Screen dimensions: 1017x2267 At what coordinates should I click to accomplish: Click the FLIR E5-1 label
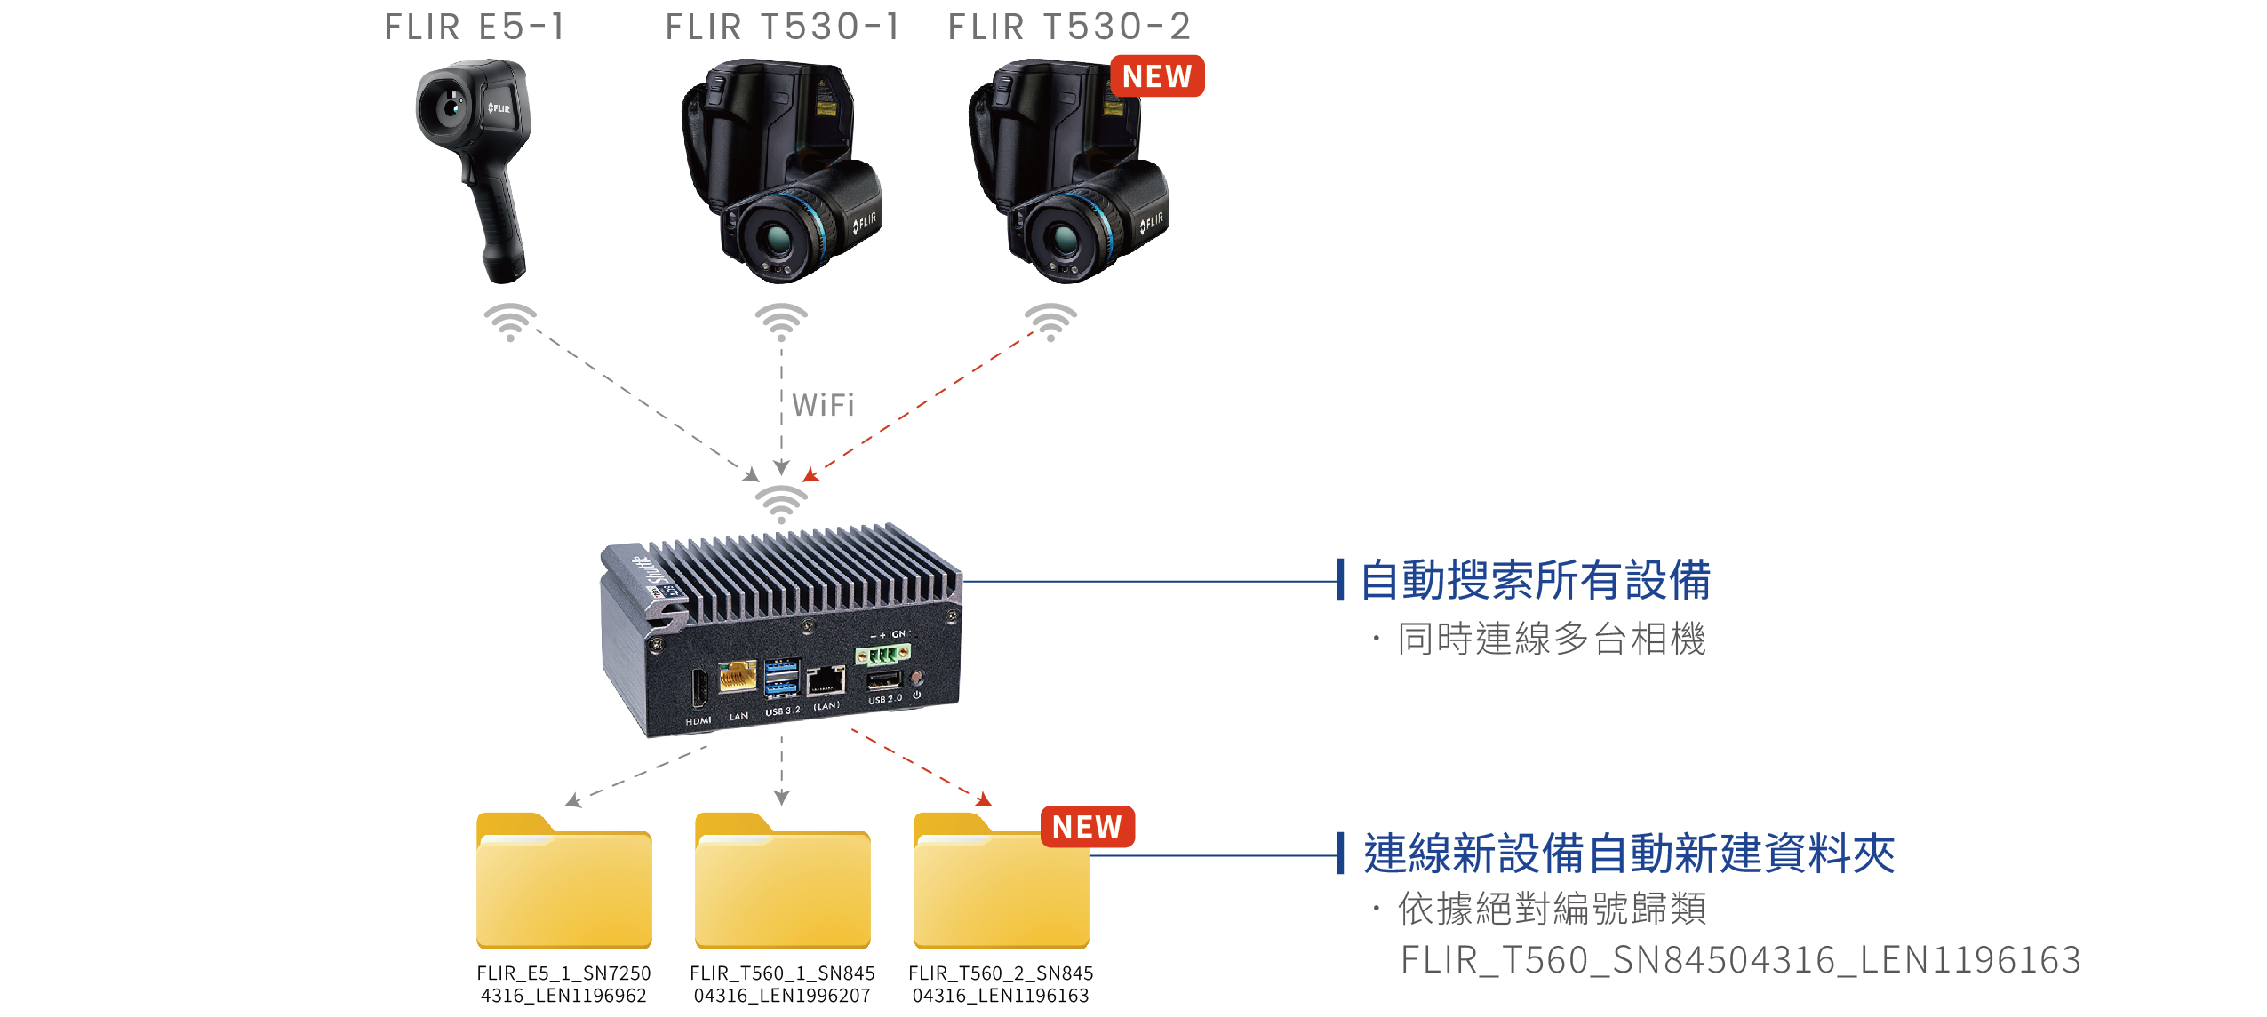[475, 27]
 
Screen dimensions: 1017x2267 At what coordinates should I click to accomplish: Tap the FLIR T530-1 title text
[783, 27]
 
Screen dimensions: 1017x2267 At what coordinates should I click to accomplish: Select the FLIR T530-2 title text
[1069, 27]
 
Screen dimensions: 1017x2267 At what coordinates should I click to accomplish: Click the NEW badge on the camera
[1156, 76]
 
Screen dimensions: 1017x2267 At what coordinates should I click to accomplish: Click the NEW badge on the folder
[1087, 827]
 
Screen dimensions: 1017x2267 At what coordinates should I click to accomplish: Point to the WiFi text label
[823, 405]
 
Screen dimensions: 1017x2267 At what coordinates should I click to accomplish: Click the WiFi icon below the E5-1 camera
[510, 322]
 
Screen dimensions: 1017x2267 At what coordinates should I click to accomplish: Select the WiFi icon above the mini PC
[781, 504]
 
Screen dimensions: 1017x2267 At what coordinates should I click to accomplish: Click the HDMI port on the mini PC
[699, 688]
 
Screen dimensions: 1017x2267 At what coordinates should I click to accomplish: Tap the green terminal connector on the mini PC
[882, 655]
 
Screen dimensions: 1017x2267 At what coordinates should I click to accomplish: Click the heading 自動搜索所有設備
[1535, 580]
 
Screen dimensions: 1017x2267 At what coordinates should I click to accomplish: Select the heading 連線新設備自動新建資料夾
[1628, 854]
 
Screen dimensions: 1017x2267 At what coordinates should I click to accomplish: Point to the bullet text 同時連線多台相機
[1551, 639]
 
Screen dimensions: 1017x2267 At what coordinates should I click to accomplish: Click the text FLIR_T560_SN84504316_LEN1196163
[1740, 960]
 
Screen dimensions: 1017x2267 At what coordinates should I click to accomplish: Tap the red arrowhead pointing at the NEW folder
[983, 800]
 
